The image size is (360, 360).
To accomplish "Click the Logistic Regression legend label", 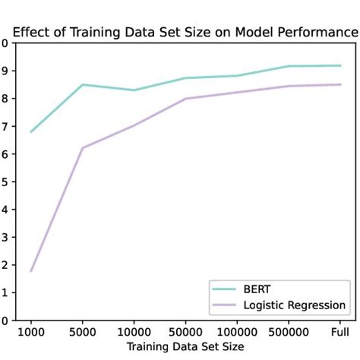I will (295, 305).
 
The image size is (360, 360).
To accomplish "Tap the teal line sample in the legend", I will (225, 289).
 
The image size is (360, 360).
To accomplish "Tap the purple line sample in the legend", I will (225, 305).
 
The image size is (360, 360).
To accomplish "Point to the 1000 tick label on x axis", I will (30, 332).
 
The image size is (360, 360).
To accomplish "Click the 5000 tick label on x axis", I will (82, 332).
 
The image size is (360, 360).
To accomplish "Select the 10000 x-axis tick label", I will (134, 332).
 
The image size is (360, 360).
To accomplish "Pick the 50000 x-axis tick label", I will (185, 332).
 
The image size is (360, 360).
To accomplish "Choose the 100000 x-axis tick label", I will (237, 332).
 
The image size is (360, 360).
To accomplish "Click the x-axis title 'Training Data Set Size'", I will (185, 346).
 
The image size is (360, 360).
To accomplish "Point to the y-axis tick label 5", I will (5, 182).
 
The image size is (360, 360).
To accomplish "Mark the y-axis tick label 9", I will (5, 71).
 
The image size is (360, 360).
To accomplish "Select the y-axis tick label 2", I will (5, 265).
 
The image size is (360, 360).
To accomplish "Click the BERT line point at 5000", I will (82, 84).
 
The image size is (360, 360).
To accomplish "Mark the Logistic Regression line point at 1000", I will (30, 271).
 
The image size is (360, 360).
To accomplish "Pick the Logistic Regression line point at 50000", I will (185, 99).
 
